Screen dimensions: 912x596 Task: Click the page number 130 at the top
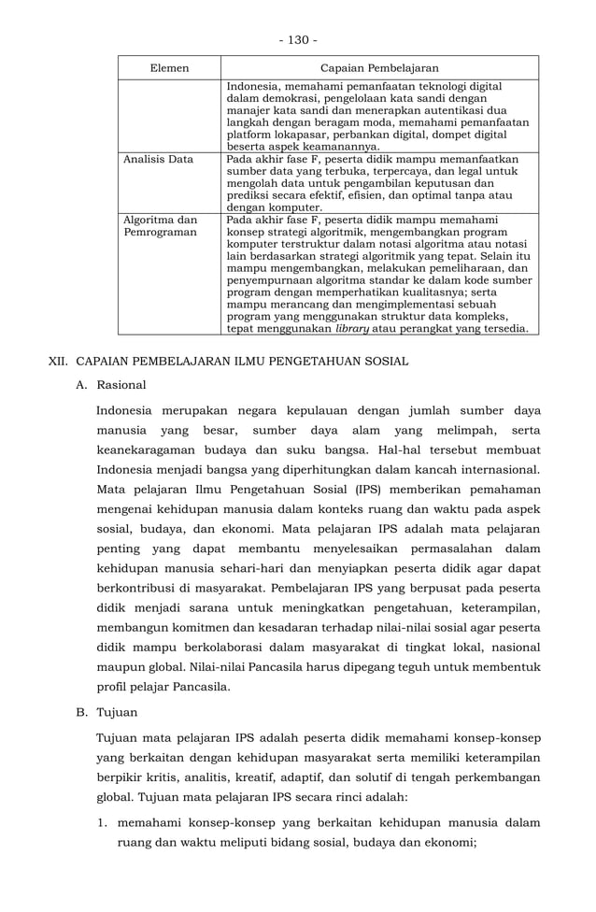(x=298, y=39)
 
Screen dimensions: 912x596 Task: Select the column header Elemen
(x=169, y=68)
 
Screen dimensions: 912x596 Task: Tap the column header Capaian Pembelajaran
(x=379, y=68)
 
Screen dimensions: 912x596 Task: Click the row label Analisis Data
(x=158, y=160)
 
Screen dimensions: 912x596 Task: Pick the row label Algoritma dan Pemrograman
(x=160, y=227)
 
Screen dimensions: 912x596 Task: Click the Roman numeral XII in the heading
(x=58, y=361)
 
